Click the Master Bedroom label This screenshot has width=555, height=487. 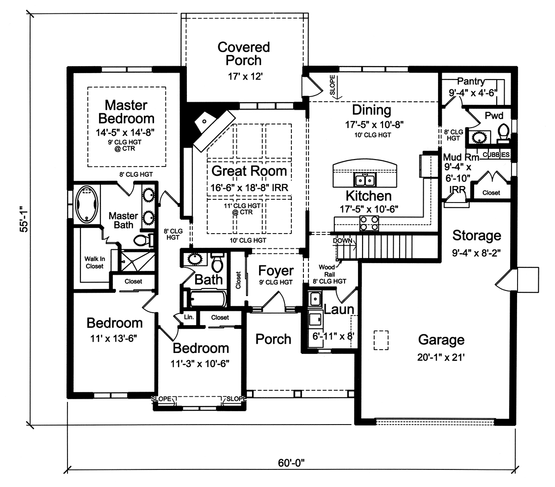pos(126,111)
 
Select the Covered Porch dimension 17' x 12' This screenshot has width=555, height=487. pos(243,77)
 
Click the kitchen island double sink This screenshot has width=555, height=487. pos(365,179)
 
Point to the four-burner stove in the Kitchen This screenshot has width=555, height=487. pos(369,227)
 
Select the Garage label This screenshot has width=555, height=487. pos(441,340)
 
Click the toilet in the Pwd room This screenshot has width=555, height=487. pos(503,133)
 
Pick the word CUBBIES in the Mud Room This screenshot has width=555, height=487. pos(496,154)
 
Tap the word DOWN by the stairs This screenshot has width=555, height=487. pos(342,241)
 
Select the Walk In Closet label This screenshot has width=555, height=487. pos(94,263)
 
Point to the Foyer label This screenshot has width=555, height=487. pos(276,271)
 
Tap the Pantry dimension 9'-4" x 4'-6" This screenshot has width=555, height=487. pos(472,92)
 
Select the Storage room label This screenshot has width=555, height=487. pos(476,235)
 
